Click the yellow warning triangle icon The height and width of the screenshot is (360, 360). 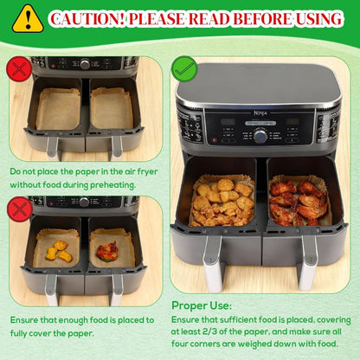click(28, 20)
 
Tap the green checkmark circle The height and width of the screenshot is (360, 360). click(184, 69)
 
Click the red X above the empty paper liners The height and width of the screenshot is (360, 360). click(19, 69)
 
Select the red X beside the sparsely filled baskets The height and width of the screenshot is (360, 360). click(20, 209)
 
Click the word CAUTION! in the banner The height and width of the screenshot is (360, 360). click(87, 19)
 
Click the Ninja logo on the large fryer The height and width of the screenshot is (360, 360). click(260, 112)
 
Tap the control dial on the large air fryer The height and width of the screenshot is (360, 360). click(260, 136)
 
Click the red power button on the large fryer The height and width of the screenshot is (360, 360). click(215, 140)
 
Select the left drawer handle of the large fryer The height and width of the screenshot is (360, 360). click(214, 262)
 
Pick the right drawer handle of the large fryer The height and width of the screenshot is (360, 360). click(307, 262)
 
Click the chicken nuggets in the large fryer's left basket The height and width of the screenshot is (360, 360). click(222, 202)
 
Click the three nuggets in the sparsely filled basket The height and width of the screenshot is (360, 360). click(59, 251)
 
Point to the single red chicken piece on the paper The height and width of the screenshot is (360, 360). click(107, 250)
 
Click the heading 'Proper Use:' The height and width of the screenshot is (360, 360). click(202, 305)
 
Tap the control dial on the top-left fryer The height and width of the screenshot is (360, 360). click(85, 64)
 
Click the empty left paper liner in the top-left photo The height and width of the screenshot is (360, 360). click(59, 109)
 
